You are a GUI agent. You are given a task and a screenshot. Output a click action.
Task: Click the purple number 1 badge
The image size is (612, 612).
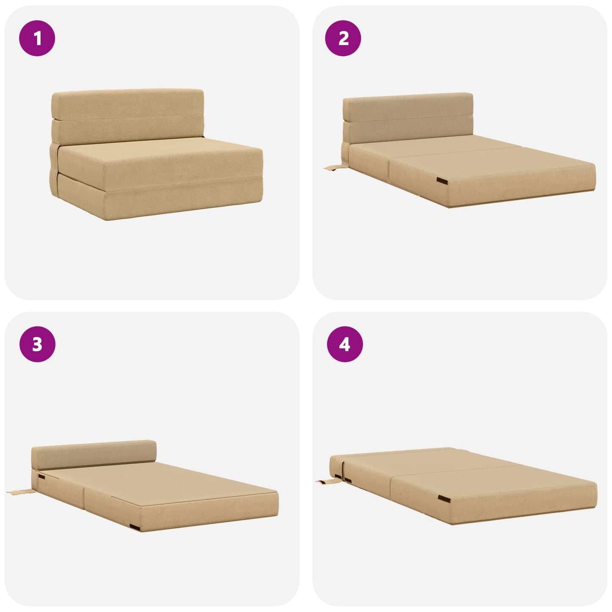pos(37,38)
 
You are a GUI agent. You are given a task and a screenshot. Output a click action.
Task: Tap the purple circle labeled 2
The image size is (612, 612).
pos(343,38)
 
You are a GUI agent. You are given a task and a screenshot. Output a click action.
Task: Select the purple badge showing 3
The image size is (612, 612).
pos(37,344)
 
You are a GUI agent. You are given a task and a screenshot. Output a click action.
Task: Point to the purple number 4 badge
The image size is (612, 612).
pos(345,344)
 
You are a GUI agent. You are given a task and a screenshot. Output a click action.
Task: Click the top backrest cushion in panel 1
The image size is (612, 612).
pos(127,104)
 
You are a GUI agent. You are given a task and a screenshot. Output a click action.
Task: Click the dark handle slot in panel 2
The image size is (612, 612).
pos(442,181)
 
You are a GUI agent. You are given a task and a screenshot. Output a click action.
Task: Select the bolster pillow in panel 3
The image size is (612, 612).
pos(94,454)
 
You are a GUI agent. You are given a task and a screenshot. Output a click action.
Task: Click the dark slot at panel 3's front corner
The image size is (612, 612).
pos(135,528)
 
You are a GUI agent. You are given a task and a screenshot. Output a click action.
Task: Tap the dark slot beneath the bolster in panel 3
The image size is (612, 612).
pos(42,477)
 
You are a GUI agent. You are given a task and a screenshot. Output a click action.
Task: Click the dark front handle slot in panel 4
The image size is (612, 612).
pos(444,499)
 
